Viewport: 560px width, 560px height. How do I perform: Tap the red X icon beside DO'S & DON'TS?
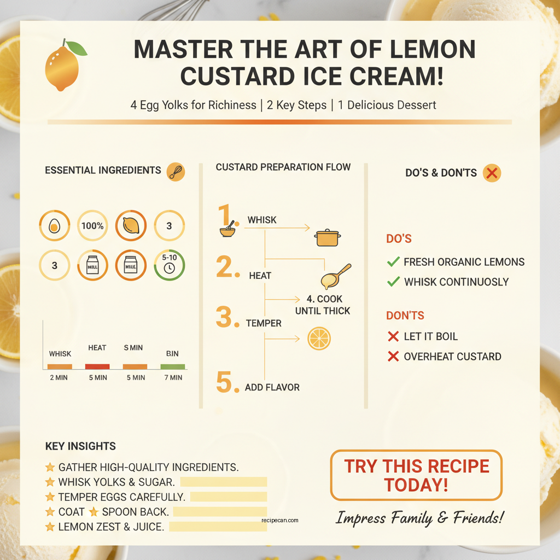coord(492,173)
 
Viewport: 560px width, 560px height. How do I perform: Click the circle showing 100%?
coord(92,225)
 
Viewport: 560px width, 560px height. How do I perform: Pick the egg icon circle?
coord(55,225)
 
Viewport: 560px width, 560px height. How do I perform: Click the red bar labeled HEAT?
coord(97,366)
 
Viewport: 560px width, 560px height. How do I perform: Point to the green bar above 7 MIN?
coord(173,366)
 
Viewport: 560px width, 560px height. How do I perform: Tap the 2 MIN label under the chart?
coord(59,377)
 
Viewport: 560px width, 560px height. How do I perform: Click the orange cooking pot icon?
coord(328,237)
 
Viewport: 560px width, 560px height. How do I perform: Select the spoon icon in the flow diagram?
coord(335,276)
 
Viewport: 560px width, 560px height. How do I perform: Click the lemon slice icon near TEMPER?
coord(319,339)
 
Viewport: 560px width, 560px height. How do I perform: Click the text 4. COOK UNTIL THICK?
coord(323,305)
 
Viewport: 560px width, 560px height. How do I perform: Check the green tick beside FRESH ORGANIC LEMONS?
coord(393,262)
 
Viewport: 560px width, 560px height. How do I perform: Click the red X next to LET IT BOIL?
coord(393,336)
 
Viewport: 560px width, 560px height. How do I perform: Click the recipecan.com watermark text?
coord(280,520)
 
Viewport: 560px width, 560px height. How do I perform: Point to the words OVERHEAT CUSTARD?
coord(452,357)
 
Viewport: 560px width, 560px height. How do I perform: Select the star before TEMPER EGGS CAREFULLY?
coord(50,497)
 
